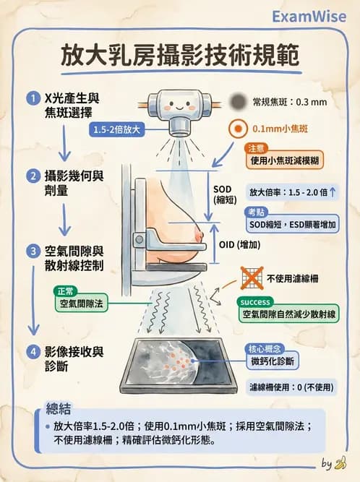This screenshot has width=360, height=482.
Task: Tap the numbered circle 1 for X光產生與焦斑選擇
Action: (x=33, y=98)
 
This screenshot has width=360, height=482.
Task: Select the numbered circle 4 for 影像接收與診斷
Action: (x=33, y=353)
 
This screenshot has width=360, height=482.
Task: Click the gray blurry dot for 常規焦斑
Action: (x=237, y=102)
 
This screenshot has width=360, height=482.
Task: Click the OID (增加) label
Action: (x=239, y=244)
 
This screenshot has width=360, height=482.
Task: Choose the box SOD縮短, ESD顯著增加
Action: (x=290, y=225)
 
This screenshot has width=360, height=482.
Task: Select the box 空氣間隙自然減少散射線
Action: (x=289, y=314)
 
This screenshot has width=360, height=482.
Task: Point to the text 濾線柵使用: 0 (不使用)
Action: (x=291, y=387)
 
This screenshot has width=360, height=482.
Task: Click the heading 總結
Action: (x=58, y=408)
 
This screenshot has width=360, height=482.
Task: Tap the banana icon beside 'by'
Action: (x=341, y=462)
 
